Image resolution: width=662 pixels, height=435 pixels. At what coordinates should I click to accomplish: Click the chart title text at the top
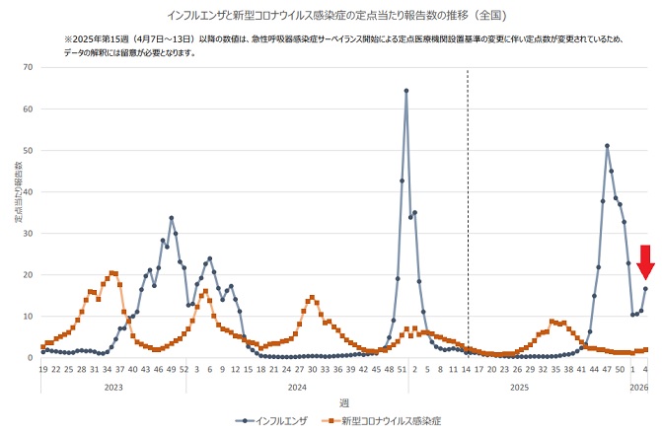(x=331, y=14)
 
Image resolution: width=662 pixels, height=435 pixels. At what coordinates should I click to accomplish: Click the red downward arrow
(x=645, y=262)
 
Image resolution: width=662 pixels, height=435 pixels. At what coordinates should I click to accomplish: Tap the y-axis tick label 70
(x=29, y=68)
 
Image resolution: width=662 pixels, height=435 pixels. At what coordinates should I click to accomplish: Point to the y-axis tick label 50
(x=29, y=151)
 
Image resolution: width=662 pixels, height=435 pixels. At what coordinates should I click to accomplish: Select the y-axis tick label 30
(x=29, y=234)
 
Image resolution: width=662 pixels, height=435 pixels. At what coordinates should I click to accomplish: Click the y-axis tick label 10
(x=29, y=317)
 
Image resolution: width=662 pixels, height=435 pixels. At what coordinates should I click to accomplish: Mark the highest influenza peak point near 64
(x=406, y=91)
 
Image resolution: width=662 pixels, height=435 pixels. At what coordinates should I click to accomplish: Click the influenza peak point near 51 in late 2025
(x=607, y=146)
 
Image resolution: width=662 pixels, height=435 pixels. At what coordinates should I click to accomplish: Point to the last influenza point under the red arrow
(x=646, y=288)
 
